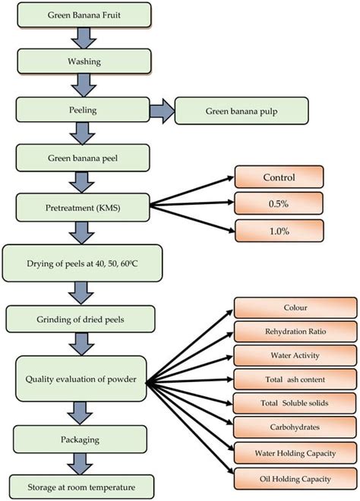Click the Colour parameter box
point(294,307)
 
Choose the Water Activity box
point(294,354)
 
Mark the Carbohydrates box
point(294,427)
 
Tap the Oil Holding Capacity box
point(294,477)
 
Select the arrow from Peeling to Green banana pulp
point(160,111)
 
